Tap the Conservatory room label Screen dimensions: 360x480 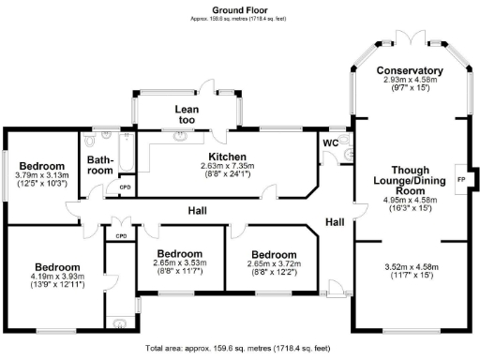pos(409,70)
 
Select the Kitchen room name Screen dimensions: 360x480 pos(226,157)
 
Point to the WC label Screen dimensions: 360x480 pos(329,142)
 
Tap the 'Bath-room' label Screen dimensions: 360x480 pos(100,165)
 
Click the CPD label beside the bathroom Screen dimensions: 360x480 pos(124,187)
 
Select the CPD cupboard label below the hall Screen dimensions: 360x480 pos(120,235)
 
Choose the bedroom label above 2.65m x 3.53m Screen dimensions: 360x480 pos(179,254)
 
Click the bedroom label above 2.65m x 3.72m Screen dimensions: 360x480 pos(274,254)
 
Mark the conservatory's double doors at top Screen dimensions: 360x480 pos(408,37)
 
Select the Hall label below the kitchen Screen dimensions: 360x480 pos(196,210)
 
